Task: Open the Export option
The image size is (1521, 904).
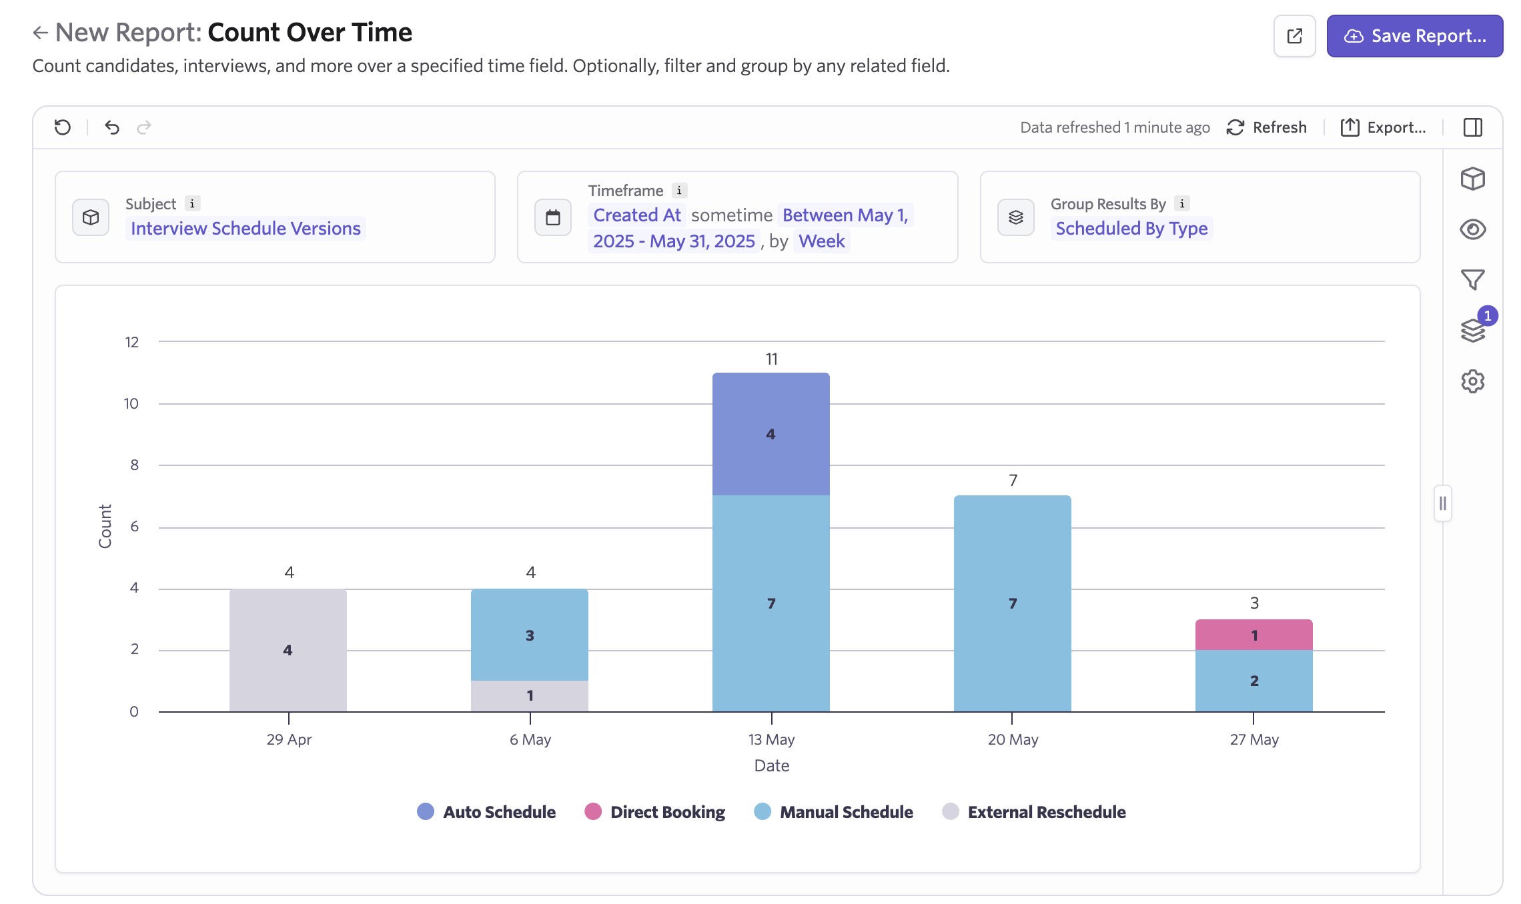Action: point(1384,127)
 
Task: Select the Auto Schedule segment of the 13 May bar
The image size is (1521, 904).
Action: point(771,434)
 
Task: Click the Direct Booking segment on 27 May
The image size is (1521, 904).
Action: point(1253,635)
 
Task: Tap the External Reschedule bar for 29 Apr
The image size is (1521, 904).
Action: point(288,650)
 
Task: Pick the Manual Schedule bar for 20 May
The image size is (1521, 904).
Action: point(1012,603)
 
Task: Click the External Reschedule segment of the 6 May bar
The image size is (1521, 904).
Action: point(529,695)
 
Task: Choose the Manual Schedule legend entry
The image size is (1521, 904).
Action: point(833,812)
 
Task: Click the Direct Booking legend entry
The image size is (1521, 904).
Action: point(654,812)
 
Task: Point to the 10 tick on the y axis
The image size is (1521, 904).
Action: point(131,403)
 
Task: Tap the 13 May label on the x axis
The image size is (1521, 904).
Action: point(771,739)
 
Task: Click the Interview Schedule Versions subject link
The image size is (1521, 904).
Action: point(245,229)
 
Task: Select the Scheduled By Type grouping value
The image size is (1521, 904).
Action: point(1131,229)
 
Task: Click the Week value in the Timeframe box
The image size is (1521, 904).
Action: point(821,241)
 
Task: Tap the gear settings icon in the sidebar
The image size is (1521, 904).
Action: point(1472,381)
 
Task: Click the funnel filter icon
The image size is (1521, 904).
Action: point(1472,279)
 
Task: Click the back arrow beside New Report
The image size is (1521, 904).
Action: point(41,33)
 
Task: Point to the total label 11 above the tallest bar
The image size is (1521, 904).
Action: point(771,359)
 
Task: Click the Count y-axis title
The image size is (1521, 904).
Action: point(105,526)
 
